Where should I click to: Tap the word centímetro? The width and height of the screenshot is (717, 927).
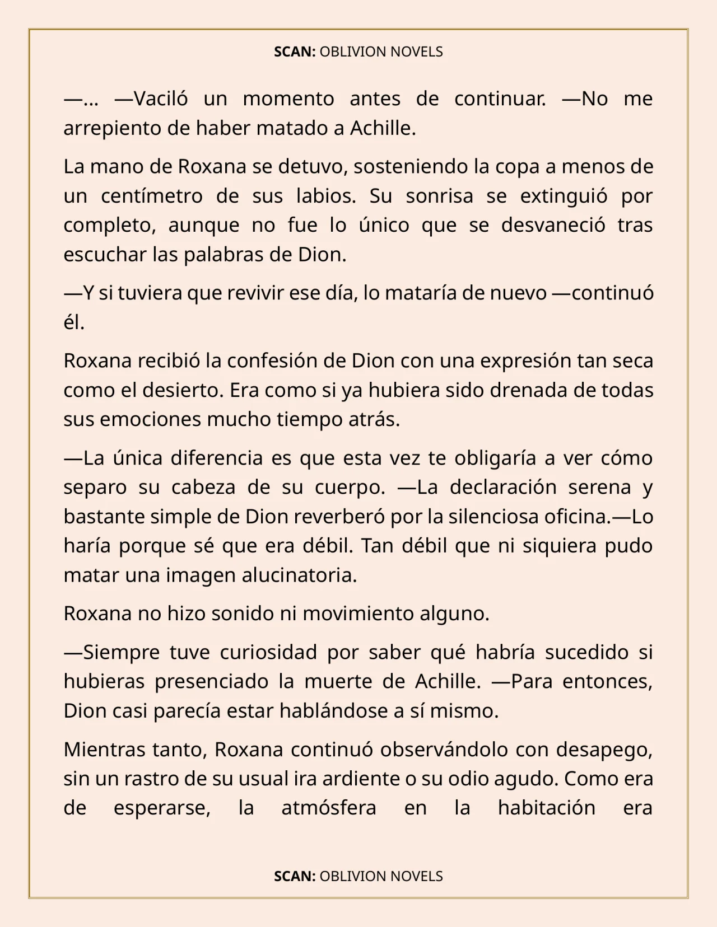point(151,196)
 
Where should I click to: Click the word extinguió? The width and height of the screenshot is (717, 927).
point(556,196)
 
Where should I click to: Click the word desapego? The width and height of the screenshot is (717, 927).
point(604,749)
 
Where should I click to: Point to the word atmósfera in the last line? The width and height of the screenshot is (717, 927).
point(328,808)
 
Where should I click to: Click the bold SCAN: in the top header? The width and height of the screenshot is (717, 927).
point(295,52)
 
